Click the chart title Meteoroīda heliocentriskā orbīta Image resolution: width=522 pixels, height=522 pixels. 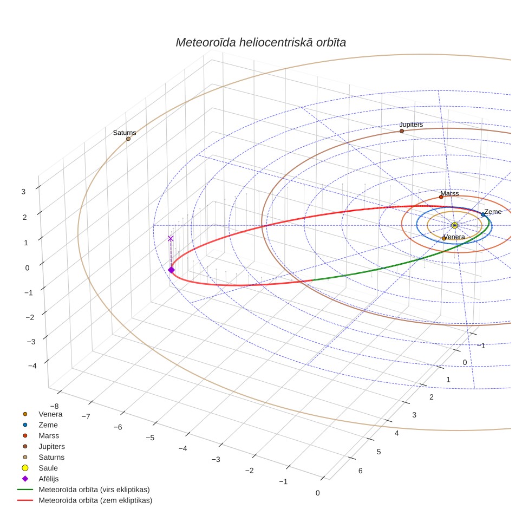pyautogui.click(x=260, y=43)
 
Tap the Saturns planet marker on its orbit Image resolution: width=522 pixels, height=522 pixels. pyautogui.click(x=128, y=139)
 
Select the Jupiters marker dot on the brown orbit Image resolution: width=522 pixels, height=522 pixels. pyautogui.click(x=402, y=131)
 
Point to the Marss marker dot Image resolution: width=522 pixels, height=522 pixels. pyautogui.click(x=441, y=197)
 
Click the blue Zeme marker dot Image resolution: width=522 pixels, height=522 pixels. pyautogui.click(x=483, y=214)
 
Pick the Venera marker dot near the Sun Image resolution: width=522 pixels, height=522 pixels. pyautogui.click(x=444, y=238)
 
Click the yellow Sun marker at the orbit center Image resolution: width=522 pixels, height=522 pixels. pyautogui.click(x=455, y=225)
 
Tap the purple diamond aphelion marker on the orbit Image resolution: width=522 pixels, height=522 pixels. pyautogui.click(x=171, y=270)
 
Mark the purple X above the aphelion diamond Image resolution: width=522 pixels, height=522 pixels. pyautogui.click(x=171, y=238)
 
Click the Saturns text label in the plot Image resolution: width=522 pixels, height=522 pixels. pyautogui.click(x=125, y=133)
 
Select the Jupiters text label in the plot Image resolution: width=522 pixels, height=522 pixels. pyautogui.click(x=411, y=125)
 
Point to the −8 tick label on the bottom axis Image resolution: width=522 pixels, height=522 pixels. pyautogui.click(x=54, y=406)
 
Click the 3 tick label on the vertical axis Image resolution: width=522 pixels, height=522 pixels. pyautogui.click(x=23, y=192)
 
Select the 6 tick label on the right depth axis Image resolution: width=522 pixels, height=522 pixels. pyautogui.click(x=361, y=471)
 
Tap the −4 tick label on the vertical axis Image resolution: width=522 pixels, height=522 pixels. pyautogui.click(x=32, y=366)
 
